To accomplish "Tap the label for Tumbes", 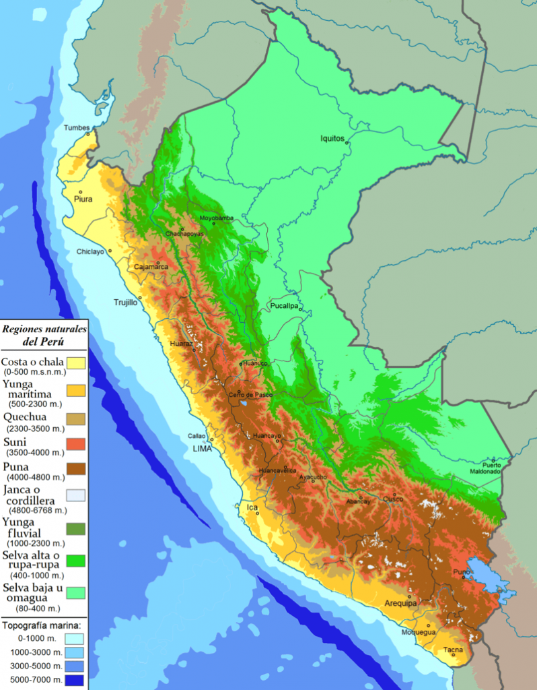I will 76,128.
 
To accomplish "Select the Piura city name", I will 83,199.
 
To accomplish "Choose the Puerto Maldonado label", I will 491,468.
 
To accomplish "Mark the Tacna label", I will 452,650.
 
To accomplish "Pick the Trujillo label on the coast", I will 124,303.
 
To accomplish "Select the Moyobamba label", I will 216,218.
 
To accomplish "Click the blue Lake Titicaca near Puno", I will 488,579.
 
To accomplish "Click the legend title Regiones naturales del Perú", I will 44,335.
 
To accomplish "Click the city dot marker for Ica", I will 256,513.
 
